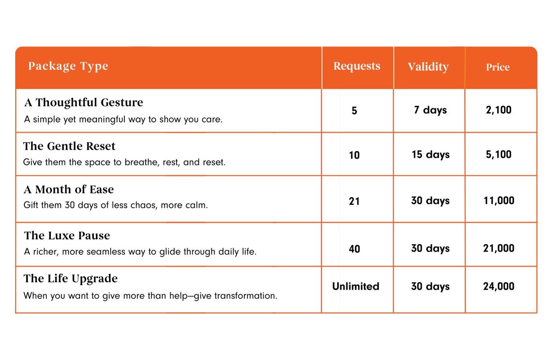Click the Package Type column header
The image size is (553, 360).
[x=68, y=66]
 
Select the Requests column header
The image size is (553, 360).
[x=357, y=66]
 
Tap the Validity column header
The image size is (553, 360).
[x=428, y=67]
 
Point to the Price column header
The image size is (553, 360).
[x=498, y=67]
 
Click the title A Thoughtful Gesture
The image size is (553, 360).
[x=84, y=102]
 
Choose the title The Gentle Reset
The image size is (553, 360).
[x=69, y=146]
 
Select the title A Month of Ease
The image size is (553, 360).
[x=69, y=189]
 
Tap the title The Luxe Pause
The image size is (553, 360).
[x=67, y=236]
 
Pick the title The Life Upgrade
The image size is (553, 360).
[x=71, y=279]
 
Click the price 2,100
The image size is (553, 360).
[x=499, y=110]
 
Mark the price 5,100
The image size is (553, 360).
[x=499, y=155]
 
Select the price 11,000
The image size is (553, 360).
[x=499, y=201]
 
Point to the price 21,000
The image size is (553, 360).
[x=499, y=248]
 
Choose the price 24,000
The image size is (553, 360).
[x=499, y=287]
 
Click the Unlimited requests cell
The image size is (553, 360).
[x=356, y=287]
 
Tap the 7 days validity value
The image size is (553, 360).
[x=431, y=110]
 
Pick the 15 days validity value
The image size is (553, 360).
[x=431, y=155]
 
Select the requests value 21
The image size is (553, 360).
[x=354, y=201]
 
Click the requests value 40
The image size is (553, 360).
[x=354, y=249]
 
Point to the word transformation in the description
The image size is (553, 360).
[x=246, y=296]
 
